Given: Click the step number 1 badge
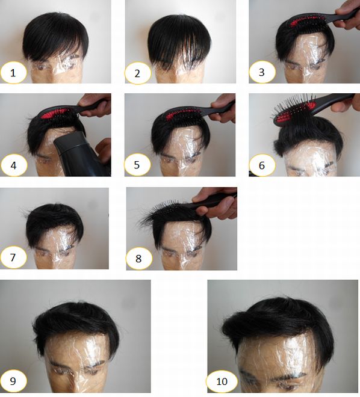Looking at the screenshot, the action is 13,73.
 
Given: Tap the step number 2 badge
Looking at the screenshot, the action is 138,73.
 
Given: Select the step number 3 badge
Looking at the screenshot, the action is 262,72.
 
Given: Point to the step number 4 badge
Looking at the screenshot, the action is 14,165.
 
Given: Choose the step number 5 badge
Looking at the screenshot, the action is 137,165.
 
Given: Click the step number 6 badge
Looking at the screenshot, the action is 262,165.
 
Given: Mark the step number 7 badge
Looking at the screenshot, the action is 13,257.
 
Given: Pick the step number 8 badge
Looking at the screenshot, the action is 139,259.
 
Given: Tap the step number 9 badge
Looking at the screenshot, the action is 13,381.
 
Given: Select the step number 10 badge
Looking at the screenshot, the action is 222,381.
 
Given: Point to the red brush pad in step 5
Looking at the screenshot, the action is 179,114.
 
